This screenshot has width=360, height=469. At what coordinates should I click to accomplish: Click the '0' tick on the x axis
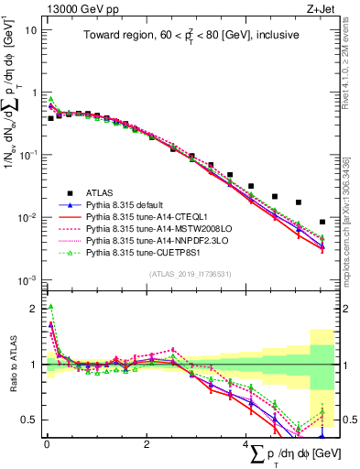click(47, 444)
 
